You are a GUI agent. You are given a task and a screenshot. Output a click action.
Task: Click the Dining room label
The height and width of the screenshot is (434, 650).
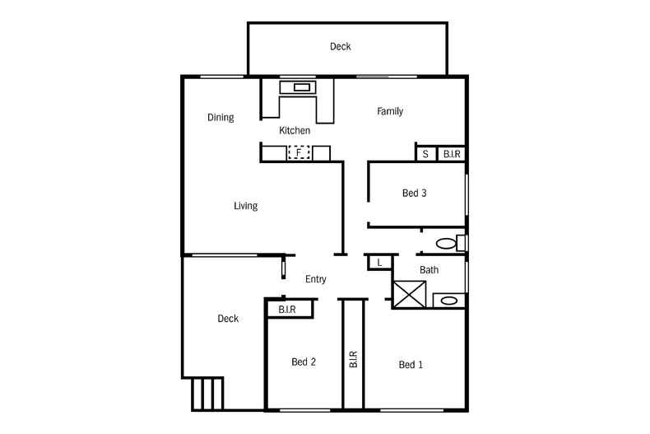221,118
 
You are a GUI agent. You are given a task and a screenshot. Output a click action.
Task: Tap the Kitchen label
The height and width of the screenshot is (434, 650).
295,131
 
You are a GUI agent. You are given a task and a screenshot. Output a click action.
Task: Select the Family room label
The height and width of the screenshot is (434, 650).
390,112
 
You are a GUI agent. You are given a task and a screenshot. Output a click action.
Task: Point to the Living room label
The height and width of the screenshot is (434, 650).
245,206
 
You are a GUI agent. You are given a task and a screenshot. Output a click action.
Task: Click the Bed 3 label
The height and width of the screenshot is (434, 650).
414,194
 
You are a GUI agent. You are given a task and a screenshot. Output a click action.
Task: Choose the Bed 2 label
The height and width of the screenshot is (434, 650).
304,362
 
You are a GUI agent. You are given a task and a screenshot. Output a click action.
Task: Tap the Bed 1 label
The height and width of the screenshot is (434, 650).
411,365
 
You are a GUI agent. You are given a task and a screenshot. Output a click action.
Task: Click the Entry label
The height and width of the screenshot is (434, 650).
316,279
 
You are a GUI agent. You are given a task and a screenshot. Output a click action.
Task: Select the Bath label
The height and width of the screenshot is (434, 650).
429,270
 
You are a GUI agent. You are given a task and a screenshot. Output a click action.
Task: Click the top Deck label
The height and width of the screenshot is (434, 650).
341,47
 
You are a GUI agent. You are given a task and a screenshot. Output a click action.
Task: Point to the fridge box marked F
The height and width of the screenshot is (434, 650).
299,153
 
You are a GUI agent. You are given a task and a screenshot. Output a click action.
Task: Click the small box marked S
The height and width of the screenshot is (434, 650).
425,154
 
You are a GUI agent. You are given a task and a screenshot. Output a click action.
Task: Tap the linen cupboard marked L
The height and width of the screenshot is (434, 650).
379,262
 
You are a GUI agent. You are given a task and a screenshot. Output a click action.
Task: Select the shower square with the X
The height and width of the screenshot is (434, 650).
410,295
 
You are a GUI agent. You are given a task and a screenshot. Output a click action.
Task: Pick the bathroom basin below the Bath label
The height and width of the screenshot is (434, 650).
448,301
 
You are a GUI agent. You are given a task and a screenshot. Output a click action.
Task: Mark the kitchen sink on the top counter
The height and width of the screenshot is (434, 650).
298,86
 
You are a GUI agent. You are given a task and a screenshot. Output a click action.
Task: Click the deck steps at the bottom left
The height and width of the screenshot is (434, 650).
207,394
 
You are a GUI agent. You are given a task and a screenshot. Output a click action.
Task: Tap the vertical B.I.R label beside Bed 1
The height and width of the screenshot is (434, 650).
353,359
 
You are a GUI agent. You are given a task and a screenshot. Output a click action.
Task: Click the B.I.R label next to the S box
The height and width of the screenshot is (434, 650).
452,154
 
